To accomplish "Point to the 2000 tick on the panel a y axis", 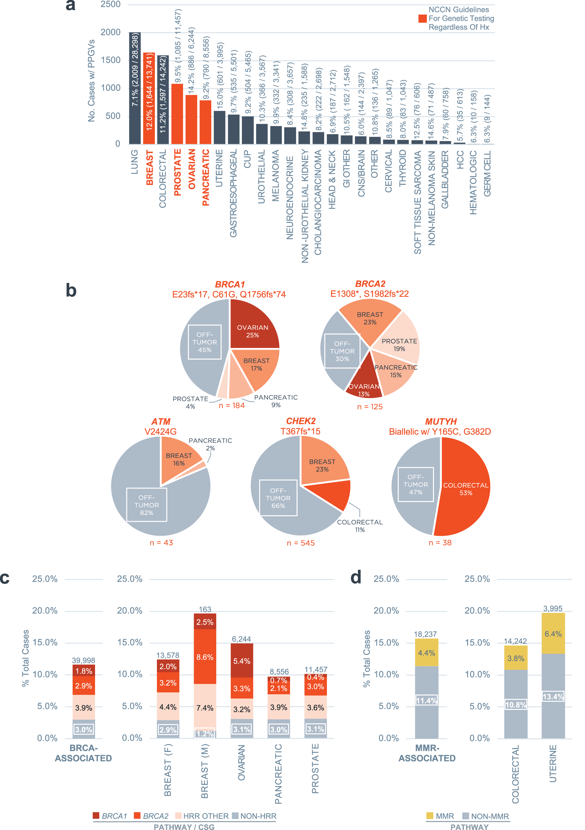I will tap(110, 33).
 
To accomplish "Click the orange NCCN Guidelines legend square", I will tap(422, 19).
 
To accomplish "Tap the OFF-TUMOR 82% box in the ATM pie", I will tap(146, 505).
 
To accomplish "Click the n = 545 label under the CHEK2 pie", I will tap(300, 543).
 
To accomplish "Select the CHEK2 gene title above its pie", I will tap(300, 421).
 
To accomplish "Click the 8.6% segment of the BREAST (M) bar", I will tap(205, 657).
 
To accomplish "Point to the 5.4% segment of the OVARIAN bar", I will tap(242, 661).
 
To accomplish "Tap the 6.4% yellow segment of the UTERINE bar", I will tap(553, 634).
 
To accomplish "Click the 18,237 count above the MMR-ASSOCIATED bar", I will tap(425, 634).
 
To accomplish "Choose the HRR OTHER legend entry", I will tap(202, 816).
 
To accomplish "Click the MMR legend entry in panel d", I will tap(440, 816).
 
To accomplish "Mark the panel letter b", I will tap(71, 290).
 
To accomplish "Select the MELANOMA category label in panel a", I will tap(275, 176).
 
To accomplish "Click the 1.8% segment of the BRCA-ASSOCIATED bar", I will tap(84, 671).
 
